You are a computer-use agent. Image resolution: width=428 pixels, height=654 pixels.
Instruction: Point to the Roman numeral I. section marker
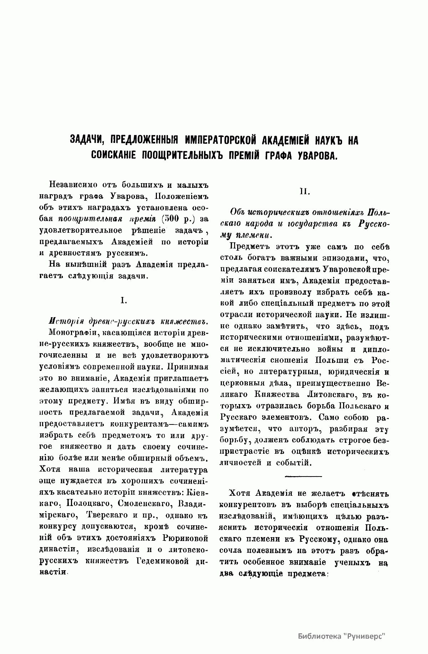click(x=123, y=301)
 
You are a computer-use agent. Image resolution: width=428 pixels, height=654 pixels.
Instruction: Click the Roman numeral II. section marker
click(x=305, y=192)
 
